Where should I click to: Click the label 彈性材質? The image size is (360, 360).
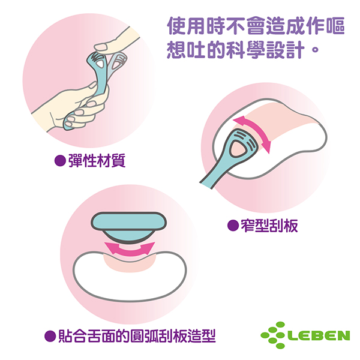pos(97,160)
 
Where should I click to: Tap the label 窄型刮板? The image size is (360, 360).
pos(269,225)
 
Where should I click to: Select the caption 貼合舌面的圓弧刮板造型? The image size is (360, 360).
pos(137,336)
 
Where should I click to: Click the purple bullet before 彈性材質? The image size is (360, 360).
pos(60,160)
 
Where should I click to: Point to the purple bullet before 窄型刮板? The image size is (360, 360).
pos(233,226)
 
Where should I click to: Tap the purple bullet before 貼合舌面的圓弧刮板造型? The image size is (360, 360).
pos(50,336)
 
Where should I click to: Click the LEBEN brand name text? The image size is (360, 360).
pos(319,335)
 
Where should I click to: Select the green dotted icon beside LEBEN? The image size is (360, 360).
pos(273,335)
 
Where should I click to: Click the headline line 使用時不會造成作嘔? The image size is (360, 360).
pos(256,26)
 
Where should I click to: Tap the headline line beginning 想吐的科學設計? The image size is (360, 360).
pos(243,50)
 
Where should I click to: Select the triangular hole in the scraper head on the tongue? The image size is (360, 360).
pos(238,149)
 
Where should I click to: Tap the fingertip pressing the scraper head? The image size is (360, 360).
pos(101,47)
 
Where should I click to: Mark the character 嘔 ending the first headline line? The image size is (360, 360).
pos(335,26)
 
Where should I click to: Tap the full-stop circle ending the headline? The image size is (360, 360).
pos(316,49)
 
